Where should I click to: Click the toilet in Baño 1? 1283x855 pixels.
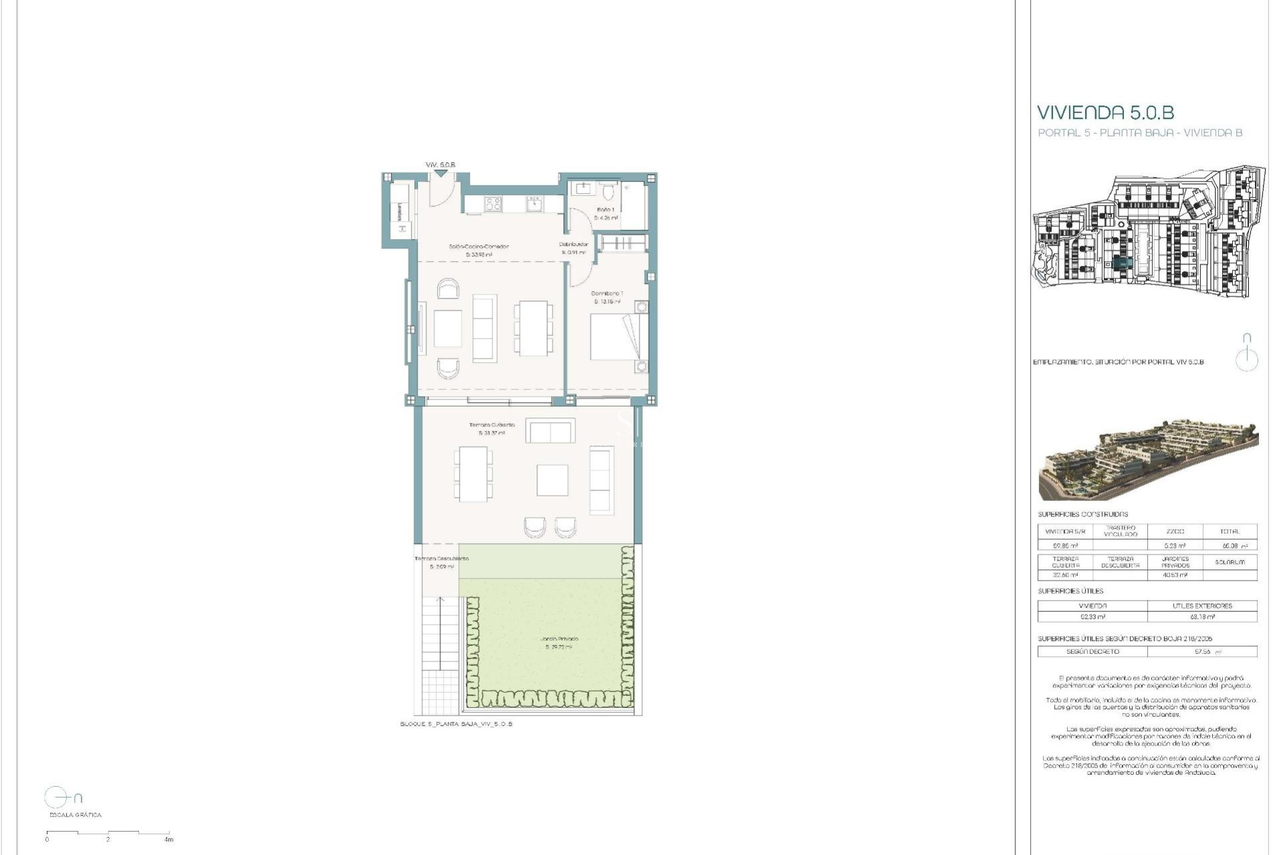(608, 193)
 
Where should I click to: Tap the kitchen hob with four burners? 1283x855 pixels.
(493, 204)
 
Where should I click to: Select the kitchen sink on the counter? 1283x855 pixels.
(535, 204)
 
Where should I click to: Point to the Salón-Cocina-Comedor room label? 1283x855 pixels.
(478, 246)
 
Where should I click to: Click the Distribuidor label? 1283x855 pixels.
(573, 244)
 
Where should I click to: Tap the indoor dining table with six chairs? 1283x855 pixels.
(533, 328)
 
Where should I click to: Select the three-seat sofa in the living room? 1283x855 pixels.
(484, 328)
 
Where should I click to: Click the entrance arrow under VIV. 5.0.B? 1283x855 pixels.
(440, 174)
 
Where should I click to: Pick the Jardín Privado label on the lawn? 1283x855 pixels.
(559, 639)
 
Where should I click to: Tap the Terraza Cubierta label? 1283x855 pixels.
(492, 425)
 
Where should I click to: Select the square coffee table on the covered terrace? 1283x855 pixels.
(552, 480)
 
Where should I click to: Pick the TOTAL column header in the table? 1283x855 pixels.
(1230, 532)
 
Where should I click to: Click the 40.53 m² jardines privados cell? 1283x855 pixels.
(1175, 575)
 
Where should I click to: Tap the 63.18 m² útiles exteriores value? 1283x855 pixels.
(1202, 617)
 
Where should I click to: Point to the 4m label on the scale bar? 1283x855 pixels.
(169, 840)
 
